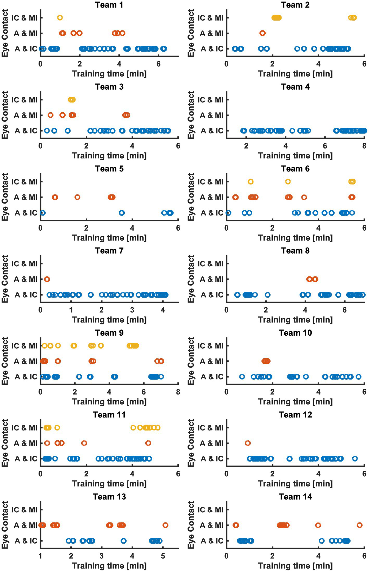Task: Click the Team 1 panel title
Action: pos(109,5)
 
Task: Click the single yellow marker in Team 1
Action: pos(60,18)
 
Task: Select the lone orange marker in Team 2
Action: pos(262,33)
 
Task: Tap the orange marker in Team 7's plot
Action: pos(47,279)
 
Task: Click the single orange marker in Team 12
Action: pos(248,443)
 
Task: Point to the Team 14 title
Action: pos(295,497)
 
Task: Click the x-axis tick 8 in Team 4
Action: pos(364,146)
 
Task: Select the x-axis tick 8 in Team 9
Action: pos(178,392)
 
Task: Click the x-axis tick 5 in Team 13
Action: pos(163,556)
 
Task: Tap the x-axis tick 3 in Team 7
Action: pos(132,310)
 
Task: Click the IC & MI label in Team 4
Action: pos(210,100)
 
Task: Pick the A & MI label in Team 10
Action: pos(211,361)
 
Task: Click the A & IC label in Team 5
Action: pos(26,213)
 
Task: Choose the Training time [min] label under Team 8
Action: pos(295,320)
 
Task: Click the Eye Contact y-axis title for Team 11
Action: pos(5,443)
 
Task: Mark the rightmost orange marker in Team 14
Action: pos(359,525)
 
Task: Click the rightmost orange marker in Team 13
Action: pos(165,525)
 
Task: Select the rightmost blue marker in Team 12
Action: pos(355,459)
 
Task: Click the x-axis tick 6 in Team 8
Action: pos(345,310)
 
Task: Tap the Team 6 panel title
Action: pos(295,169)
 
